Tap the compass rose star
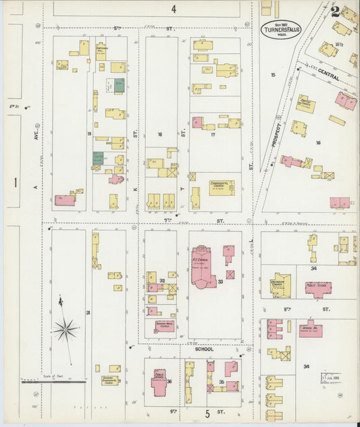coord(66,329)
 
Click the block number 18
coord(160,135)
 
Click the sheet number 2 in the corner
coord(336,11)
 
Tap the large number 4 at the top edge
coord(174,9)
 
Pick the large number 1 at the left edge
coord(14,182)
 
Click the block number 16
coord(317,143)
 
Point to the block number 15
coord(273,74)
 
